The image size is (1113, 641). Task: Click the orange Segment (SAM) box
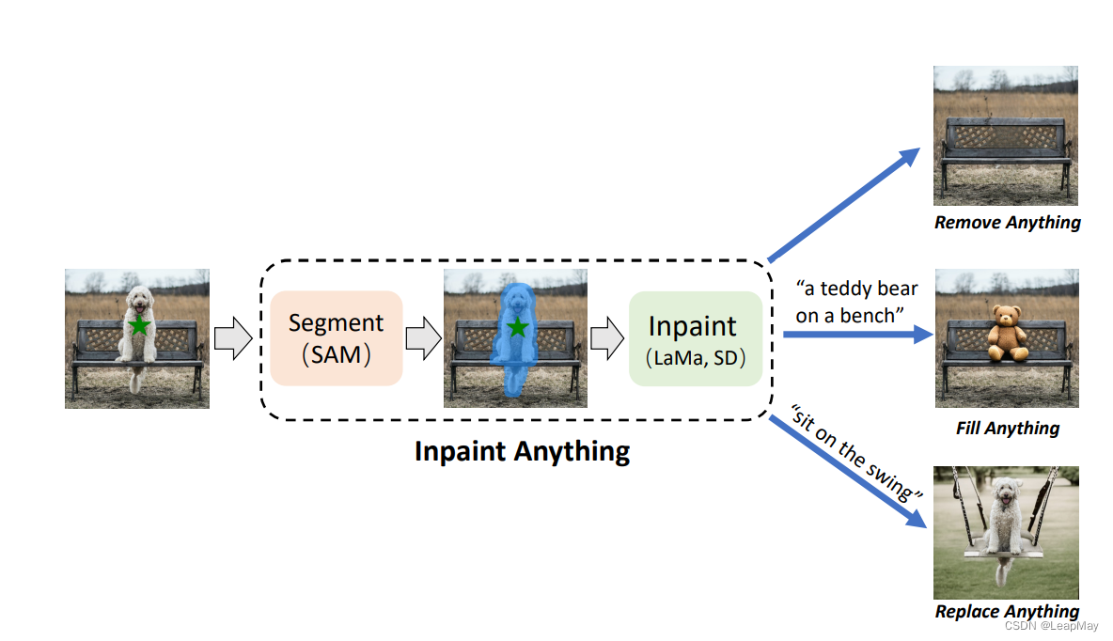(336, 337)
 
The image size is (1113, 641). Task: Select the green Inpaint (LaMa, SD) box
(695, 338)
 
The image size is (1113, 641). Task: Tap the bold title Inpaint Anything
(522, 451)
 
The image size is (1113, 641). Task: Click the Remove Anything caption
(1007, 223)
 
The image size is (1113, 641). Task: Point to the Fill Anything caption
(1007, 429)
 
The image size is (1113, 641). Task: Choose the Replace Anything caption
(1007, 612)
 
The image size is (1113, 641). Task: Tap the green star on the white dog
(139, 326)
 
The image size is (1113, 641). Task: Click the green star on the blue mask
(516, 327)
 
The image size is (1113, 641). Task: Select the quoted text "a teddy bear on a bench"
(856, 302)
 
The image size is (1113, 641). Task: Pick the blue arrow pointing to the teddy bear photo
(855, 334)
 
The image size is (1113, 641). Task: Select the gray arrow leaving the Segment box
(423, 338)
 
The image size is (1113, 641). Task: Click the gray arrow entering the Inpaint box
(606, 338)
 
